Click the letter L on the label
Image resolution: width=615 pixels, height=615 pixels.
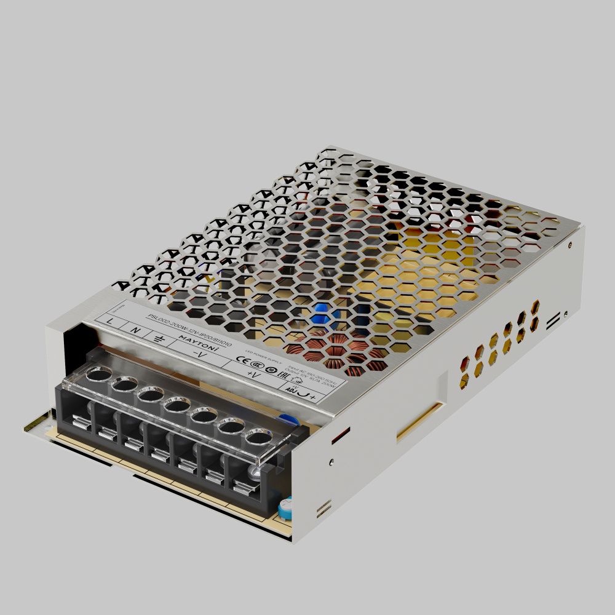point(110,321)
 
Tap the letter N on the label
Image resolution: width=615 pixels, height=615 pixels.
point(137,330)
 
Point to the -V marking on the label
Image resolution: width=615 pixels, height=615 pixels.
point(198,355)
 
